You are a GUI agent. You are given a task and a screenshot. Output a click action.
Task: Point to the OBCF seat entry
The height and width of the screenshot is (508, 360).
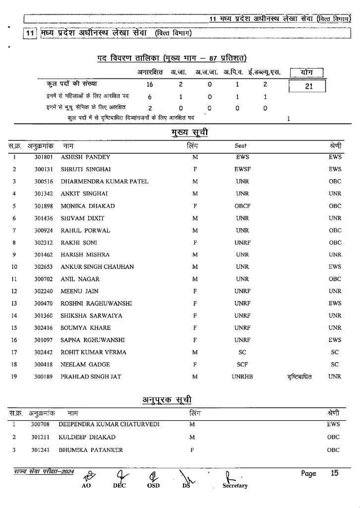[242, 206]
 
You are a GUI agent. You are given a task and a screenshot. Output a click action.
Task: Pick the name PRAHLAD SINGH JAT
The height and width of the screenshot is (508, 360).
[91, 377]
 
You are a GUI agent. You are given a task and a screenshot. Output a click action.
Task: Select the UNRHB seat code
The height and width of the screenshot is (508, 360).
[242, 377]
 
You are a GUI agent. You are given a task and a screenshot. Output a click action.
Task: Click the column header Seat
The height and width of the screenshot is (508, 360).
[240, 146]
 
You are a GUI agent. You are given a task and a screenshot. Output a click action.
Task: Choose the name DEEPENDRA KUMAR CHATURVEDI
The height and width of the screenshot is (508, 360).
[109, 425]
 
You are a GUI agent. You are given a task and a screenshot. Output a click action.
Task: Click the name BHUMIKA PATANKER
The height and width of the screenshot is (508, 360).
[91, 450]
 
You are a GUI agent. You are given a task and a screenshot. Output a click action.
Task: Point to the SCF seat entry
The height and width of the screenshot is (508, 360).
[242, 365]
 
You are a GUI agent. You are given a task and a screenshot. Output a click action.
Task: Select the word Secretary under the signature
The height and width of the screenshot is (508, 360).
[235, 486]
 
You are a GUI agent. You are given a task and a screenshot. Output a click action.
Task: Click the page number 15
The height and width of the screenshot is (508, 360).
[335, 473]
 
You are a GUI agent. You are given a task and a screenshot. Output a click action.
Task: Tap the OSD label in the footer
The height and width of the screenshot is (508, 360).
[153, 486]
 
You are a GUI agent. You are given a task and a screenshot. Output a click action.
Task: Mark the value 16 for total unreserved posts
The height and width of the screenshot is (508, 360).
[150, 85]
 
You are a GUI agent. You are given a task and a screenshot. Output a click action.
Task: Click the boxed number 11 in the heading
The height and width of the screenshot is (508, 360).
[30, 33]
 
